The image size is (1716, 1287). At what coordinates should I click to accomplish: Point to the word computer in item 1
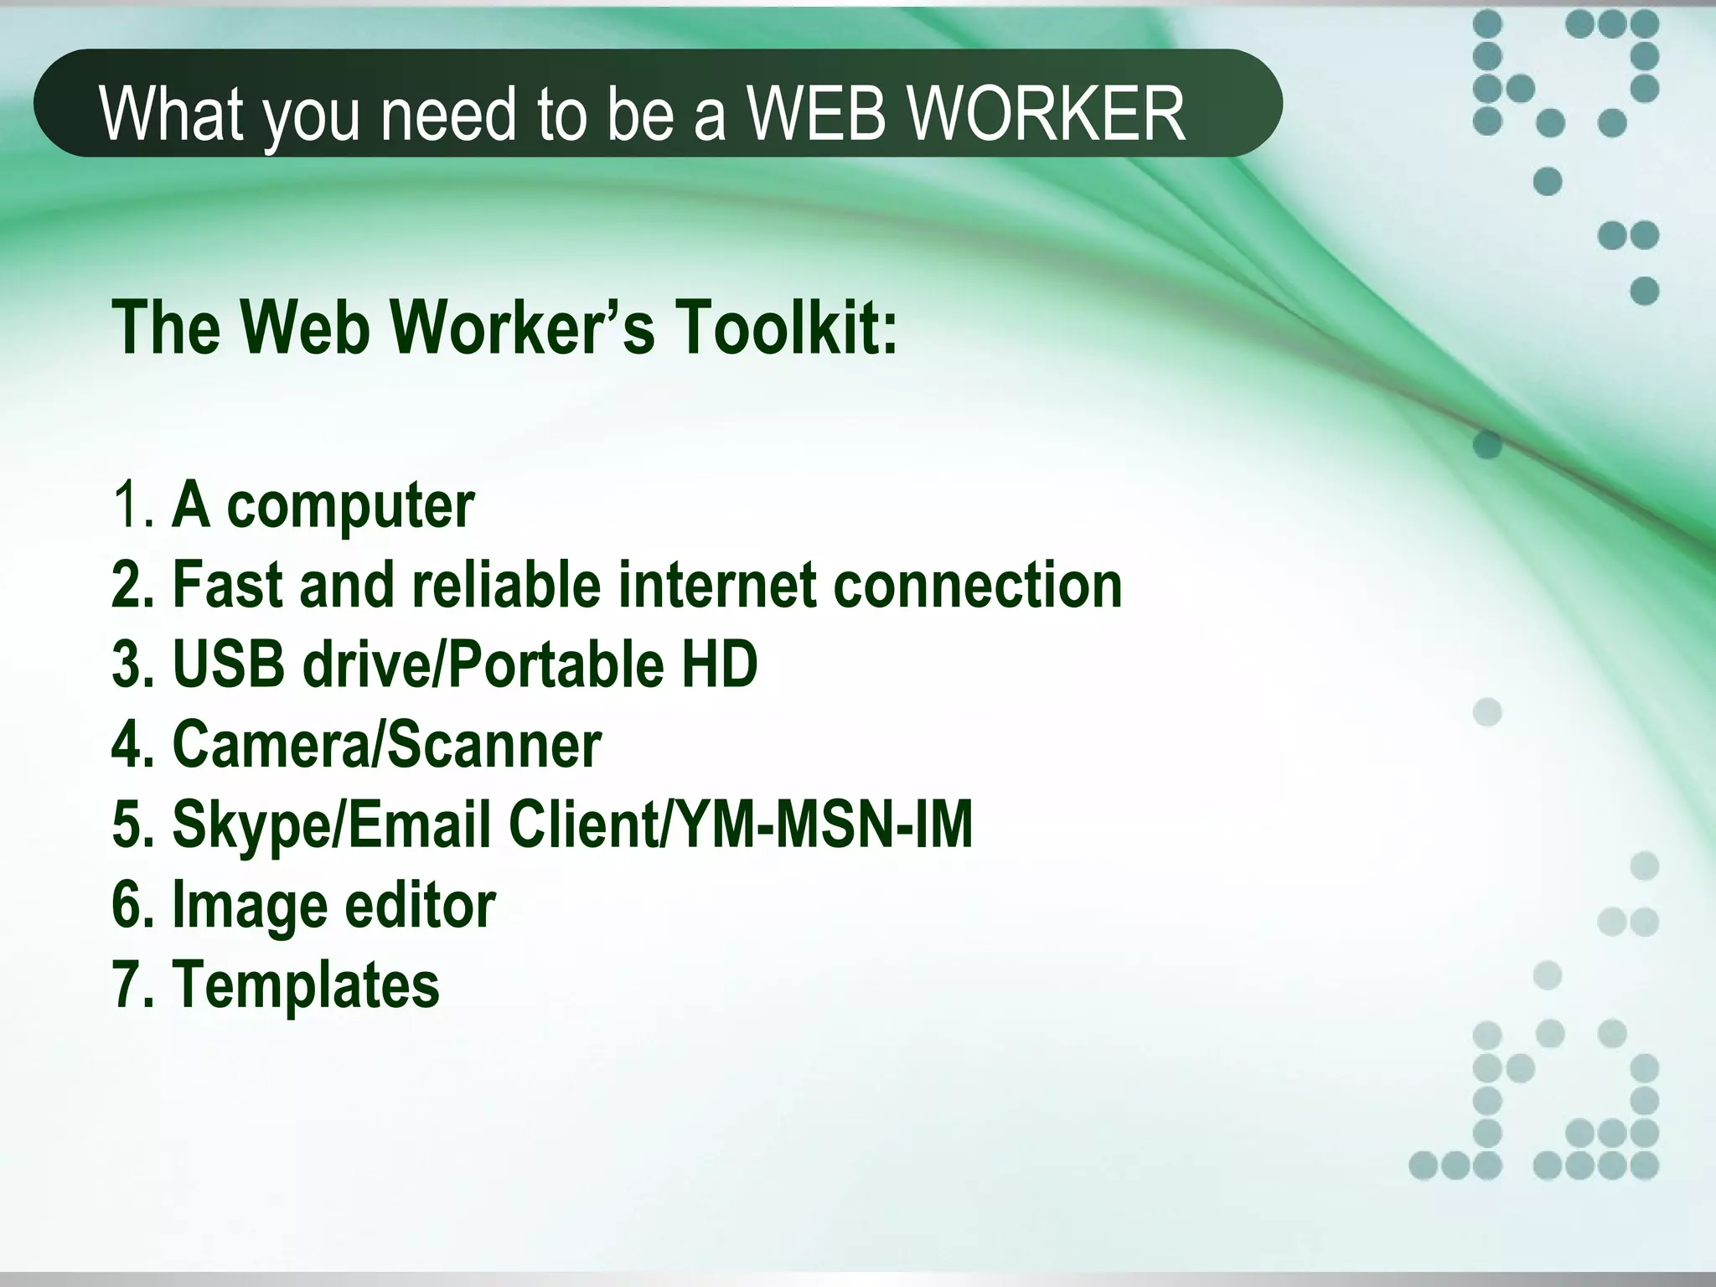click(x=350, y=506)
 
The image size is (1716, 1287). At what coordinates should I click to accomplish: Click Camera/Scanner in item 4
click(x=386, y=744)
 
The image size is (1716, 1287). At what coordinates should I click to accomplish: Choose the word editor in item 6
click(x=420, y=905)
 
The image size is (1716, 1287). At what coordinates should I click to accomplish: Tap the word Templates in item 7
click(x=306, y=985)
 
